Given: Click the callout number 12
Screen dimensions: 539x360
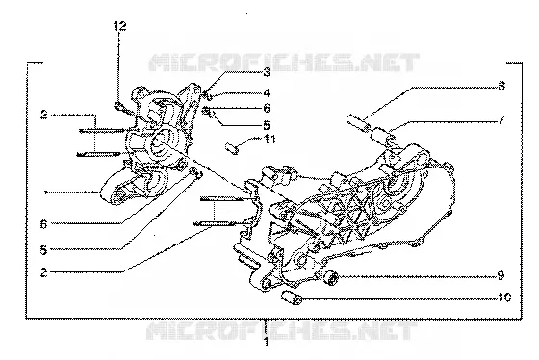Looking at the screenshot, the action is pyautogui.click(x=120, y=26).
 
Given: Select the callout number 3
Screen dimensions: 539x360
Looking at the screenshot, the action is pyautogui.click(x=267, y=72).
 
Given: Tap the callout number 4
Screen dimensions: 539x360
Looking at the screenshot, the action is pyautogui.click(x=267, y=92).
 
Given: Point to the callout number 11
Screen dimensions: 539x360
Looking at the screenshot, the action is pyautogui.click(x=269, y=140).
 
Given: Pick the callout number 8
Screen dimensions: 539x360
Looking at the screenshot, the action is pyautogui.click(x=501, y=86).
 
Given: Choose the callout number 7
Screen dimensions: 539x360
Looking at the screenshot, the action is pyautogui.click(x=501, y=120).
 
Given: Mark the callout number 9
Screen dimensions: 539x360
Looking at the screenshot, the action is pyautogui.click(x=500, y=275).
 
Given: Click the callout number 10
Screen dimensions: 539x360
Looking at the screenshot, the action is pyautogui.click(x=504, y=296).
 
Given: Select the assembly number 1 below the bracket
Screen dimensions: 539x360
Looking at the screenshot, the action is pyautogui.click(x=267, y=342).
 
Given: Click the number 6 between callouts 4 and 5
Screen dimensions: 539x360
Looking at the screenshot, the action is pyautogui.click(x=267, y=109).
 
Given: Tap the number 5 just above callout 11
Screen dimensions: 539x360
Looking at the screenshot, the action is pyautogui.click(x=267, y=125).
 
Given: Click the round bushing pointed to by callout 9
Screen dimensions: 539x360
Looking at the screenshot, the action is pyautogui.click(x=332, y=277).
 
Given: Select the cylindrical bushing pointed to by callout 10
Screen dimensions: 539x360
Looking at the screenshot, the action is pyautogui.click(x=292, y=298).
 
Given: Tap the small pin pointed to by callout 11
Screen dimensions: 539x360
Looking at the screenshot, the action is pyautogui.click(x=232, y=149).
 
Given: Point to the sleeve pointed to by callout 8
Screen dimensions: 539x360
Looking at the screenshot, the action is pyautogui.click(x=358, y=123).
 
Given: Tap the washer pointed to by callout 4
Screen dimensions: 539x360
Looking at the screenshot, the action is pyautogui.click(x=209, y=96).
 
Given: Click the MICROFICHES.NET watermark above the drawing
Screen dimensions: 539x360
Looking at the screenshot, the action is pyautogui.click(x=284, y=63).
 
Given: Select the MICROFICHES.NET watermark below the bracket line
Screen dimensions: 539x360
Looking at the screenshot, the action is pyautogui.click(x=282, y=331).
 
